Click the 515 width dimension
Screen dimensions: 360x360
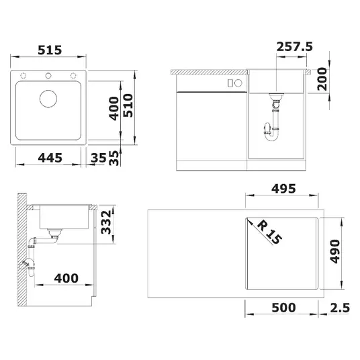[x=50, y=50]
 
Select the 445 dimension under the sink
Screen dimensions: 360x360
[x=50, y=158]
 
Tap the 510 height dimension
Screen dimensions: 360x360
[x=128, y=105]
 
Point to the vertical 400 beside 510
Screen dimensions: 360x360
[x=114, y=108]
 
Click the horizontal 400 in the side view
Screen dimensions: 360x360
[x=66, y=278]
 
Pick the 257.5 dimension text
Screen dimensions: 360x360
[x=295, y=47]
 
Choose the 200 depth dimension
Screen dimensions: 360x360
[x=322, y=79]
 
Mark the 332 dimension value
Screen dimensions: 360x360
[x=106, y=222]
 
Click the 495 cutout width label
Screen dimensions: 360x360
[x=283, y=189]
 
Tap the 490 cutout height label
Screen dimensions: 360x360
[x=334, y=251]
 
